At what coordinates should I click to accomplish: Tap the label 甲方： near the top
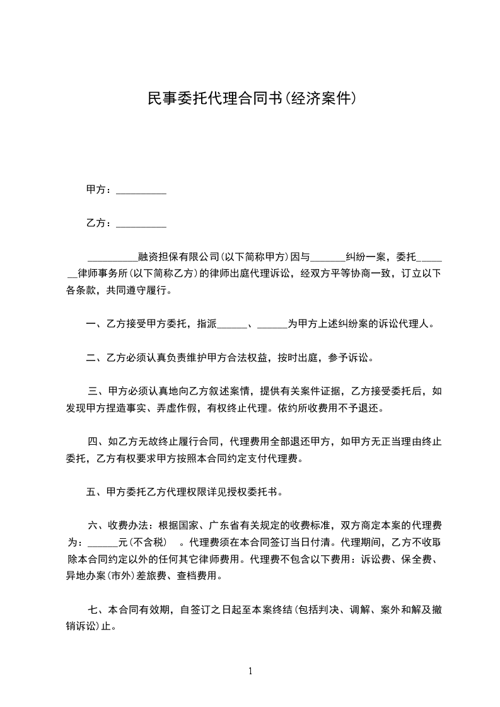tap(100, 189)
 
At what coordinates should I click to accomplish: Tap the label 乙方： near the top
tap(100, 222)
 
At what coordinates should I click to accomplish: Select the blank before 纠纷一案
tap(328, 258)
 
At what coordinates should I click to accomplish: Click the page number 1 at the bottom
tap(250, 671)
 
